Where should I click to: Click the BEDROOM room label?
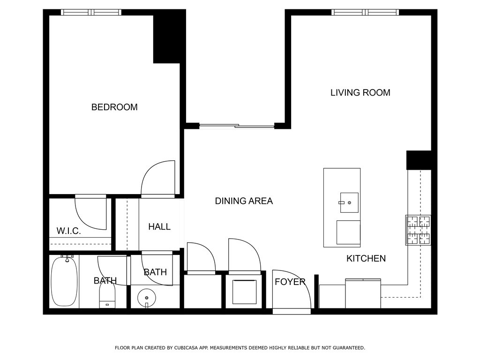[x=114, y=107]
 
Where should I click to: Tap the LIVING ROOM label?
[x=360, y=92]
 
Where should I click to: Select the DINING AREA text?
[x=244, y=201]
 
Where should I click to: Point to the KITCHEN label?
[x=366, y=258]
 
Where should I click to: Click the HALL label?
[x=159, y=226]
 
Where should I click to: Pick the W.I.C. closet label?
[x=68, y=231]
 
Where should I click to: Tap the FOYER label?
[x=290, y=282]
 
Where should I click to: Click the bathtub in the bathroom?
[x=64, y=281]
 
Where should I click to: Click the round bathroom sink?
[x=147, y=298]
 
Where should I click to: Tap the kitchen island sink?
[x=349, y=202]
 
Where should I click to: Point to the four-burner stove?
[x=418, y=230]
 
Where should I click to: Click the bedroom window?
[x=91, y=12]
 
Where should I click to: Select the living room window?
[x=365, y=12]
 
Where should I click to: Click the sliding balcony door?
[x=237, y=126]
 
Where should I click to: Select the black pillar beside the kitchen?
[x=419, y=160]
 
